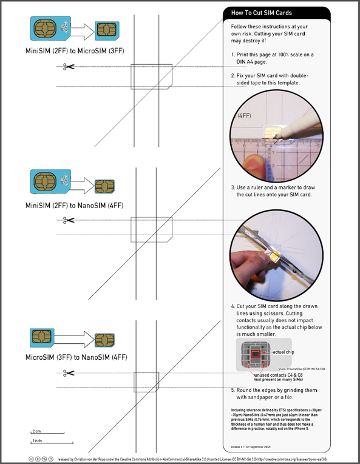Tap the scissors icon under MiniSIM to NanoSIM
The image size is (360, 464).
pyautogui.click(x=68, y=220)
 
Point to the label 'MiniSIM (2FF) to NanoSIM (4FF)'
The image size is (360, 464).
pyautogui.click(x=76, y=205)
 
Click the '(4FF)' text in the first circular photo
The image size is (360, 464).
pyautogui.click(x=245, y=115)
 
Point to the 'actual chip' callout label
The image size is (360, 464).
pyautogui.click(x=287, y=352)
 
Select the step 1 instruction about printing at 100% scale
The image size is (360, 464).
pyautogui.click(x=275, y=59)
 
